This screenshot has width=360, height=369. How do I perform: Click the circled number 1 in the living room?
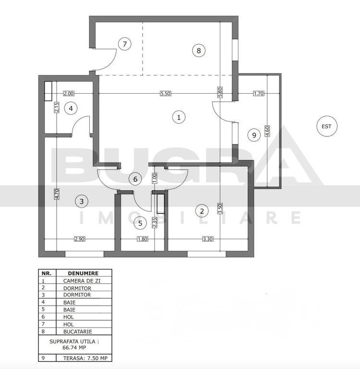point(179,117)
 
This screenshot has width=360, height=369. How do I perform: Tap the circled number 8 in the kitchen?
point(199,50)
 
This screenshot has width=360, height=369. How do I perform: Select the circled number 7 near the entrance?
point(125,44)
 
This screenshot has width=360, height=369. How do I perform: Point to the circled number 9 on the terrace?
point(254,135)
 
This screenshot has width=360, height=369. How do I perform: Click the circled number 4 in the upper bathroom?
point(71,109)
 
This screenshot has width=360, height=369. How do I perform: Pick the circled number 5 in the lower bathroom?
point(140,223)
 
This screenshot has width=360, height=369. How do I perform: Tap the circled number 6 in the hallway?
point(135,179)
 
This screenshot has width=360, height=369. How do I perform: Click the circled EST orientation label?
point(326,126)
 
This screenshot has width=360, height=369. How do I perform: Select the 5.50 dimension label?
point(165,93)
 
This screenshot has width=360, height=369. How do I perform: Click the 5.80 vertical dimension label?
point(220,92)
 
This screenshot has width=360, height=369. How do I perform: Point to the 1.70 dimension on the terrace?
point(258,93)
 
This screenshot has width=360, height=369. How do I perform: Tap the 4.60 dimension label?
point(267,131)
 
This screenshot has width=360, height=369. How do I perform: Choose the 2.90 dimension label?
point(80,239)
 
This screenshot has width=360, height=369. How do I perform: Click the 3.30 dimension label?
point(208,239)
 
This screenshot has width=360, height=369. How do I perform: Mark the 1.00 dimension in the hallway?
point(155,178)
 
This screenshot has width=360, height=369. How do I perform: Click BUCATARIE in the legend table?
point(78,332)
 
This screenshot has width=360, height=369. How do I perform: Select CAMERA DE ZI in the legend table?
point(82,281)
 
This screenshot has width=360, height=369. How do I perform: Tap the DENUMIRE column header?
point(83,273)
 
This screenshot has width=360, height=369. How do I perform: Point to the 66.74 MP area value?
point(74,347)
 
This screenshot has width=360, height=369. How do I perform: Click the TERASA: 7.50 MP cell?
point(85,358)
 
